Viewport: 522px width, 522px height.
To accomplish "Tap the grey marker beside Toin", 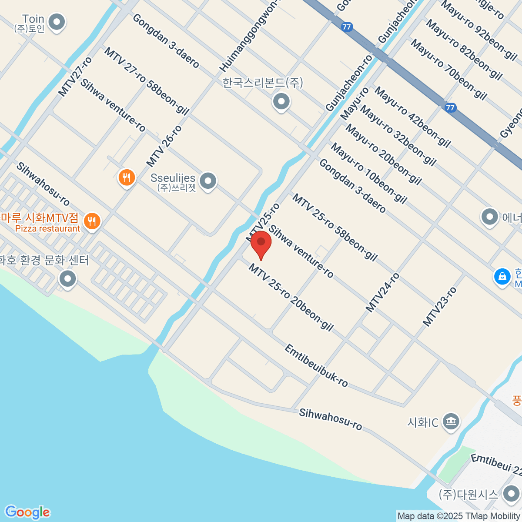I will (56, 22).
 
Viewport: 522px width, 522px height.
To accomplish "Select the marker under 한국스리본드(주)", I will (281, 102).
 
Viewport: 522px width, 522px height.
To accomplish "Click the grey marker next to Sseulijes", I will (208, 181).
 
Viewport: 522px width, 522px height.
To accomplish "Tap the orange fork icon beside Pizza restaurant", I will (91, 221).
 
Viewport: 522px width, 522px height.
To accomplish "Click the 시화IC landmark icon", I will (451, 421).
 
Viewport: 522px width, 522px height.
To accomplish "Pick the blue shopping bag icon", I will (502, 276).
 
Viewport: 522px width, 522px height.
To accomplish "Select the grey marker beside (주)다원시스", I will (511, 494).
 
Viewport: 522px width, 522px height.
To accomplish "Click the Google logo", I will (27, 512).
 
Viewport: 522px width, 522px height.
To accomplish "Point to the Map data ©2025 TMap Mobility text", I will (458, 516).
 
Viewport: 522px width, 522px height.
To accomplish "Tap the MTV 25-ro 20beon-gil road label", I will (291, 298).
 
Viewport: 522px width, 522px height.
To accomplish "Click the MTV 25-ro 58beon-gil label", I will (335, 228).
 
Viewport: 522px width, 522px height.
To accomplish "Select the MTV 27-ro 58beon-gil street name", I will (147, 81).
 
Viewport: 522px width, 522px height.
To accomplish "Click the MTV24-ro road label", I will (382, 292).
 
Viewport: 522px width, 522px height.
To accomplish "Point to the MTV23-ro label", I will (440, 307).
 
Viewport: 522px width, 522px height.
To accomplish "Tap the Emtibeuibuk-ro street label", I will (316, 365).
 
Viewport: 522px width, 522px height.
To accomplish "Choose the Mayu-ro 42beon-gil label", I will (412, 117).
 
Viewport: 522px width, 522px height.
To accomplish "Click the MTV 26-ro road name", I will (164, 146).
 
